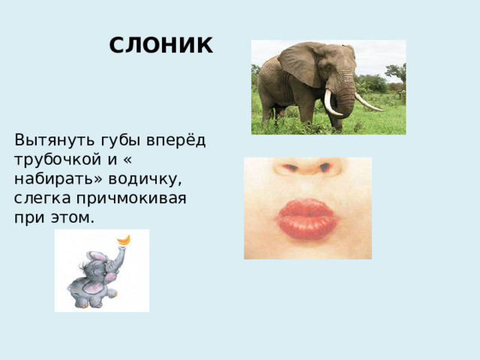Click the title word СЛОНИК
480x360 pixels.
point(160,46)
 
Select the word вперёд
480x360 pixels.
point(176,140)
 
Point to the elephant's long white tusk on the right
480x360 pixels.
point(367,103)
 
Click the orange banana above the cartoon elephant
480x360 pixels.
point(125,240)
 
